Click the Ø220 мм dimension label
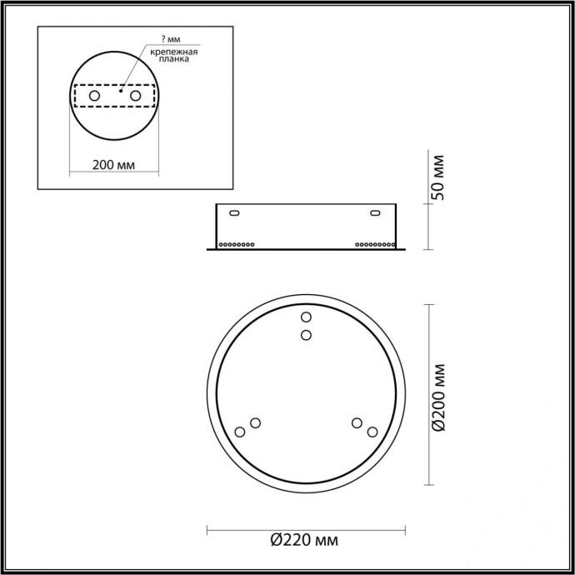pyautogui.click(x=305, y=542)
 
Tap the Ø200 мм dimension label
pyautogui.click(x=441, y=397)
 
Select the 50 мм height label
pyautogui.click(x=441, y=177)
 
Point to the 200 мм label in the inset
pyautogui.click(x=114, y=163)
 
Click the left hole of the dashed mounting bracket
pyautogui.click(x=94, y=97)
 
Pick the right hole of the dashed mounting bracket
pyautogui.click(x=133, y=97)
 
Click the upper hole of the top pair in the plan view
pyautogui.click(x=306, y=317)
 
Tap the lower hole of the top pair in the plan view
pyautogui.click(x=306, y=335)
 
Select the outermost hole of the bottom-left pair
pyautogui.click(x=240, y=432)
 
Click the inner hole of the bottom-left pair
pyautogui.click(x=255, y=422)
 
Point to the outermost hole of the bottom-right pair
pyautogui.click(x=372, y=432)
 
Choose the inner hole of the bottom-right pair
pyautogui.click(x=357, y=422)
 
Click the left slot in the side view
pyautogui.click(x=234, y=214)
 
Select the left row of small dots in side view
pyautogui.click(x=237, y=244)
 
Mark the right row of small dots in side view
pyautogui.click(x=374, y=244)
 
